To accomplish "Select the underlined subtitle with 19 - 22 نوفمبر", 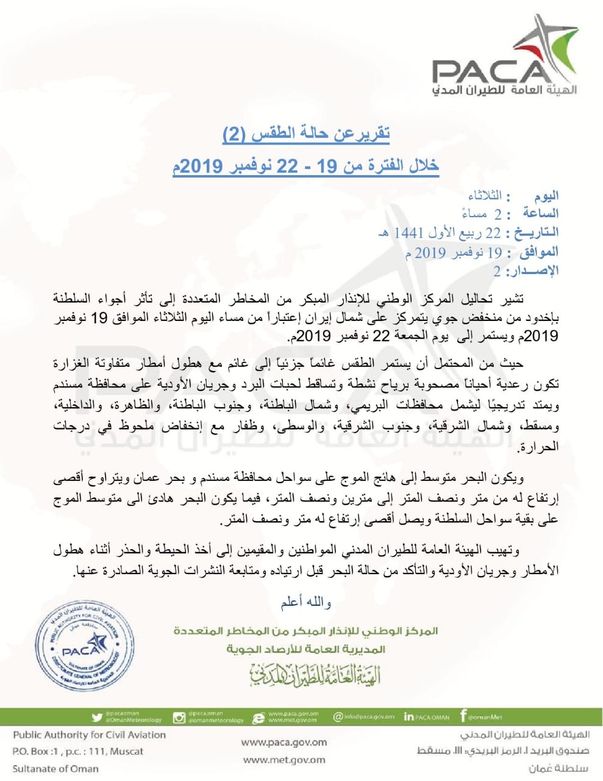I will click(x=305, y=165).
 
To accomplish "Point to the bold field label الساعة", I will click(x=540, y=214).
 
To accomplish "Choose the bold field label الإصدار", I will click(x=535, y=271).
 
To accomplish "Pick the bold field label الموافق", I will click(x=537, y=252).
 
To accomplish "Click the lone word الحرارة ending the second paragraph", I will click(x=540, y=447).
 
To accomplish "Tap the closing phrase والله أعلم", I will click(x=306, y=603).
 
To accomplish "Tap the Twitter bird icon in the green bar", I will click(x=96, y=718).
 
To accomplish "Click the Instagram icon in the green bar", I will click(x=179, y=718).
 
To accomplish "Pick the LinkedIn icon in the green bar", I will click(x=409, y=717).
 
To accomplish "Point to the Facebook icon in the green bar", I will click(x=464, y=716).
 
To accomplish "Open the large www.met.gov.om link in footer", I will click(x=284, y=760).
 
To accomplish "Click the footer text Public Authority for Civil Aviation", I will click(x=89, y=735).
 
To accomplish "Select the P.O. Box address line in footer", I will click(x=78, y=752).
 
